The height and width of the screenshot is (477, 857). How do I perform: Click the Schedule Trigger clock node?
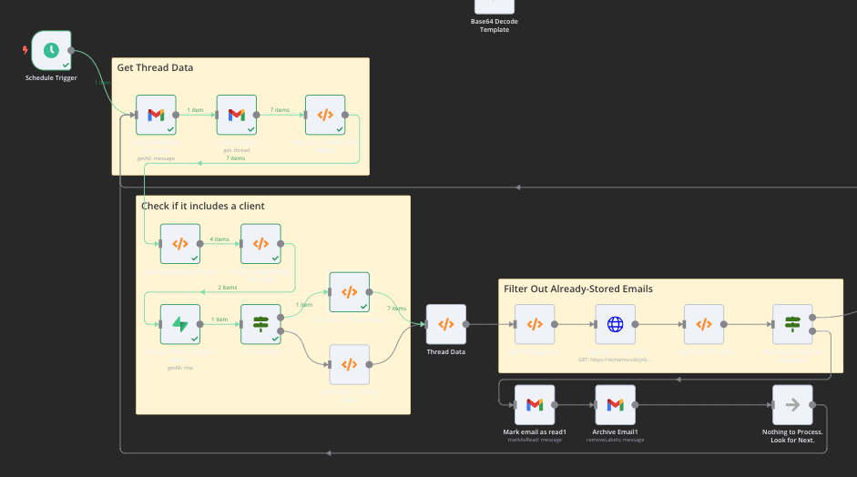51,50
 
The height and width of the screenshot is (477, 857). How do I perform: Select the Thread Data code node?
445,324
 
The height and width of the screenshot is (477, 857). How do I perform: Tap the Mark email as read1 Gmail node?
535,405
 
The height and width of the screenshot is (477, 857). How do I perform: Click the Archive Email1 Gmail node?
615,405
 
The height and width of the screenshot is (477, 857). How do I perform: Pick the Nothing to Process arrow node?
792,405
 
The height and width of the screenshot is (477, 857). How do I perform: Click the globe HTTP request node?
615,324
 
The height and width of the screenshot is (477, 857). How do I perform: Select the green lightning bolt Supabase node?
180,324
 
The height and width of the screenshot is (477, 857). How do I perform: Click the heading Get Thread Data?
155,67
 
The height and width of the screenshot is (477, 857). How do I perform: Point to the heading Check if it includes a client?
202,206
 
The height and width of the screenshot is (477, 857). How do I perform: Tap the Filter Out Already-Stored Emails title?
577,289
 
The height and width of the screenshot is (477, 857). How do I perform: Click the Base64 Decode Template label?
495,25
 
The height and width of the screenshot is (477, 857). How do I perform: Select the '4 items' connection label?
219,238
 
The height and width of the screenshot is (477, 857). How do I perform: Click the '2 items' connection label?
227,287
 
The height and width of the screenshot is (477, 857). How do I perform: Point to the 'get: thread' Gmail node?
236,115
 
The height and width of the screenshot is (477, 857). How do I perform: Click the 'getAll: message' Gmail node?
156,115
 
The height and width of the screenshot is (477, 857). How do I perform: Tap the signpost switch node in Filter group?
792,324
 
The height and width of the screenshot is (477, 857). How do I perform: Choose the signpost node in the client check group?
260,324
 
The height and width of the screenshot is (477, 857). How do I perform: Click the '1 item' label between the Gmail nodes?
196,110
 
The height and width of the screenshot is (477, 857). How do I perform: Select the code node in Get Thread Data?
325,115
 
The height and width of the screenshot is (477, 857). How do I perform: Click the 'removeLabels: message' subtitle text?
615,440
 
